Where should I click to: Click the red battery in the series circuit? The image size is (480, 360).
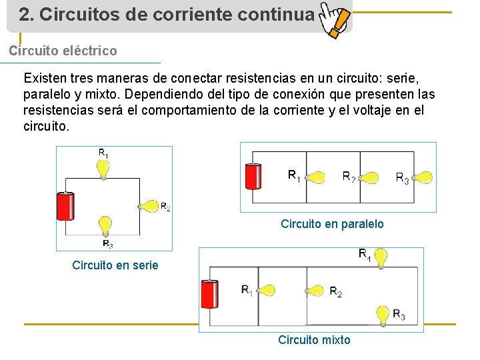66,206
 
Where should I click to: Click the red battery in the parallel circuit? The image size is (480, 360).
253,177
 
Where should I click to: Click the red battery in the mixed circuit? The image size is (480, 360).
209,294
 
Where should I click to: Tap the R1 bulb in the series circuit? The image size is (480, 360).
103,169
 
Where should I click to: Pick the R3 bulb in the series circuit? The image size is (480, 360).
105,225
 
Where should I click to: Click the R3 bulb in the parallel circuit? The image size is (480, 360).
422,177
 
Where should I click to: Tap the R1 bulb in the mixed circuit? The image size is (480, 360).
265,290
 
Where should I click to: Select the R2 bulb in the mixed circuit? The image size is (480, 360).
316,291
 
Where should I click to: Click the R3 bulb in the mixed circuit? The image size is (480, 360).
383,313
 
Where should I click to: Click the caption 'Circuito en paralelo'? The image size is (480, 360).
332,224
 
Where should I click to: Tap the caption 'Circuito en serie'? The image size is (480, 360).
115,265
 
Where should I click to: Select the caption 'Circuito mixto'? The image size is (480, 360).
314,340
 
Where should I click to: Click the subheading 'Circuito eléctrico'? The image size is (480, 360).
63,51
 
